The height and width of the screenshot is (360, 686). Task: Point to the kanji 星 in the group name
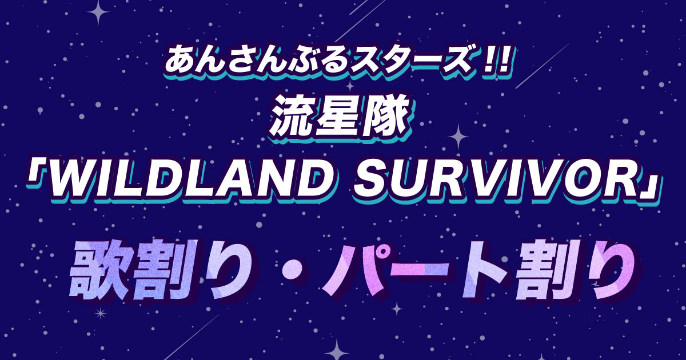[x=336, y=118]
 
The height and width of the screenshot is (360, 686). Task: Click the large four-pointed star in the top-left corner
[x=98, y=12]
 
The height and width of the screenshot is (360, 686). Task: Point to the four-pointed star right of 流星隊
[x=458, y=137]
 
